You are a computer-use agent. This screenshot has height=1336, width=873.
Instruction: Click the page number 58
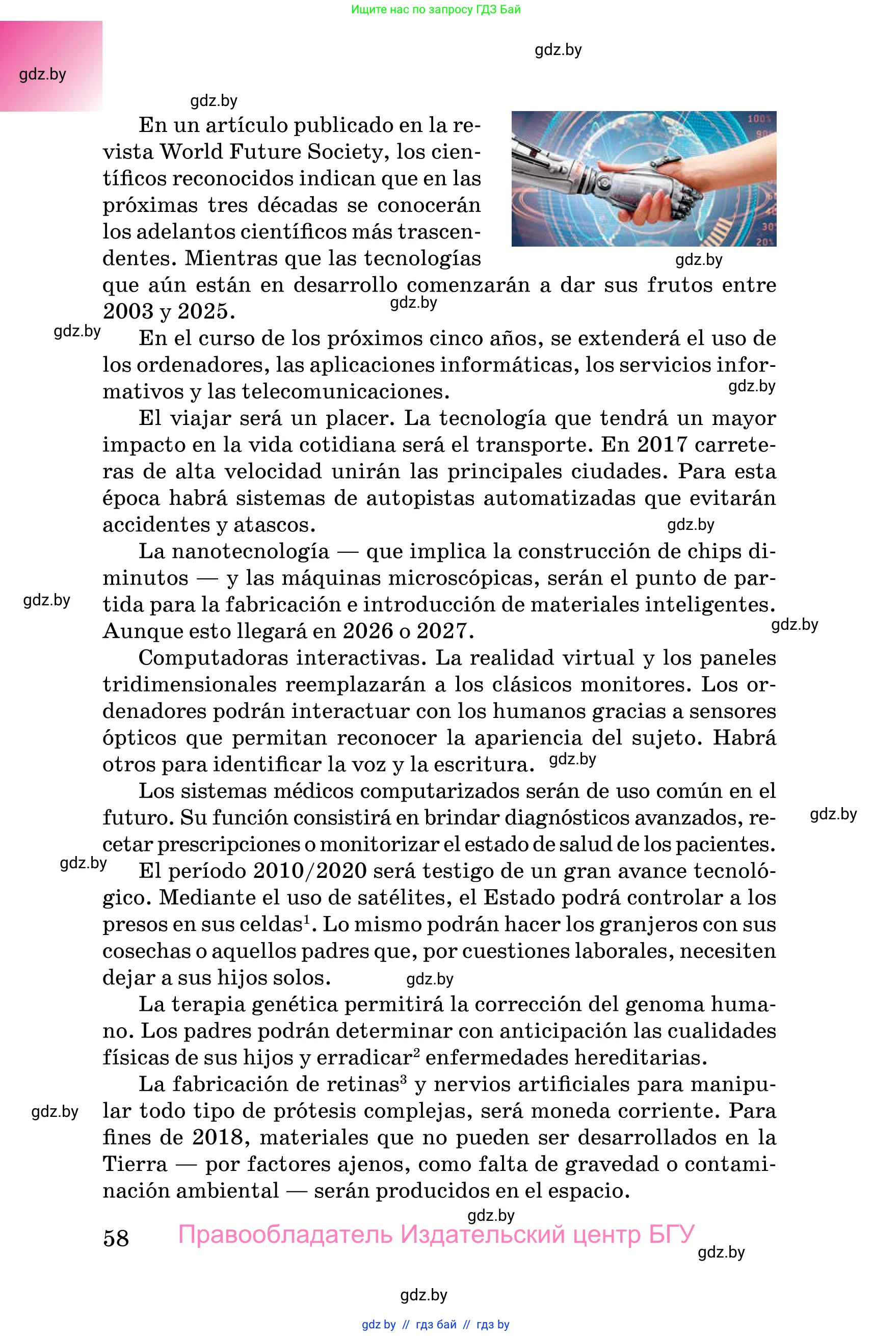(x=116, y=1238)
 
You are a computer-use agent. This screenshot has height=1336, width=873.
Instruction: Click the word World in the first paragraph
(x=191, y=151)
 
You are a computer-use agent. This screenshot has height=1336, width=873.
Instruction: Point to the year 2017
(x=662, y=445)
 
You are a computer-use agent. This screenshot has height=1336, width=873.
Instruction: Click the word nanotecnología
(x=250, y=551)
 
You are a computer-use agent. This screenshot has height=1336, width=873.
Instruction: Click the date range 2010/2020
(x=310, y=871)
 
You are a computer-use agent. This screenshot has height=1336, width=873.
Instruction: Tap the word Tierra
(x=135, y=1164)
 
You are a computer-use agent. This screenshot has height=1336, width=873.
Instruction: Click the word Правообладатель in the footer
(x=285, y=1235)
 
